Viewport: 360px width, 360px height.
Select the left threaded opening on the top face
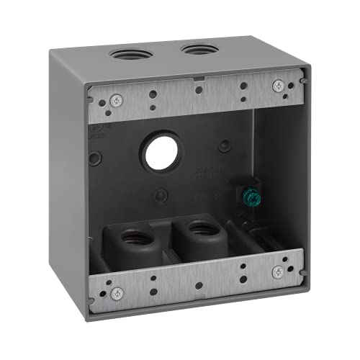pyautogui.click(x=130, y=53)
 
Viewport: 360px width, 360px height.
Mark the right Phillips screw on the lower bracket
pyautogui.click(x=278, y=271)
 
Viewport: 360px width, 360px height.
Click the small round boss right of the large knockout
pyautogui.click(x=225, y=146)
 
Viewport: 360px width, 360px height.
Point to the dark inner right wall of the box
pyautogui.click(x=277, y=173)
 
